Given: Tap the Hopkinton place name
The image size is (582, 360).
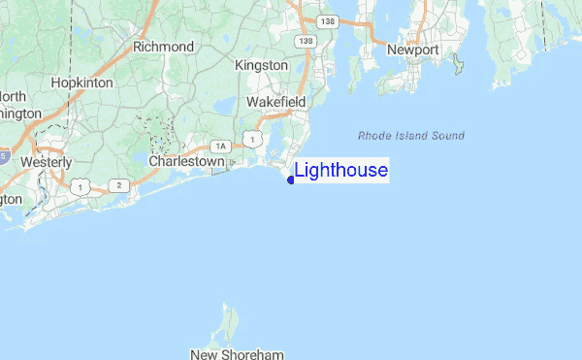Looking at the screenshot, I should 82,83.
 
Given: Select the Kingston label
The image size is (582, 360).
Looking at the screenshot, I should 262,65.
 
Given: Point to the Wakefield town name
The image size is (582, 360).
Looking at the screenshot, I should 275,102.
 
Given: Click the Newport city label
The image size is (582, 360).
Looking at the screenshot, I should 414,49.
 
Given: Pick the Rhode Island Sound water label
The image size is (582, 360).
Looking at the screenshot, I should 410,136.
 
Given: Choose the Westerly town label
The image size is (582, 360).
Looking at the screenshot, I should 47,161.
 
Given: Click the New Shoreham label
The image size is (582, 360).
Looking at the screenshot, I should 229,354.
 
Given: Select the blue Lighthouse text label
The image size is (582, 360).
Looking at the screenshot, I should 340,172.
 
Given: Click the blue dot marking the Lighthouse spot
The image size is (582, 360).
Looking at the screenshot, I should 291,180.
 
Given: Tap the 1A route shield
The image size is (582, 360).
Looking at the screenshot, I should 221,146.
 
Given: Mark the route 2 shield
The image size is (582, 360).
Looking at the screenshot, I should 118,184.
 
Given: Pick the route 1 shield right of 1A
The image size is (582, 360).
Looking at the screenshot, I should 252,141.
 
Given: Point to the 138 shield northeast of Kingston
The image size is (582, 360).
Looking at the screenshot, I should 307,42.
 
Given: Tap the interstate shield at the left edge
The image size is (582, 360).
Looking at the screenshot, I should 4,155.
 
